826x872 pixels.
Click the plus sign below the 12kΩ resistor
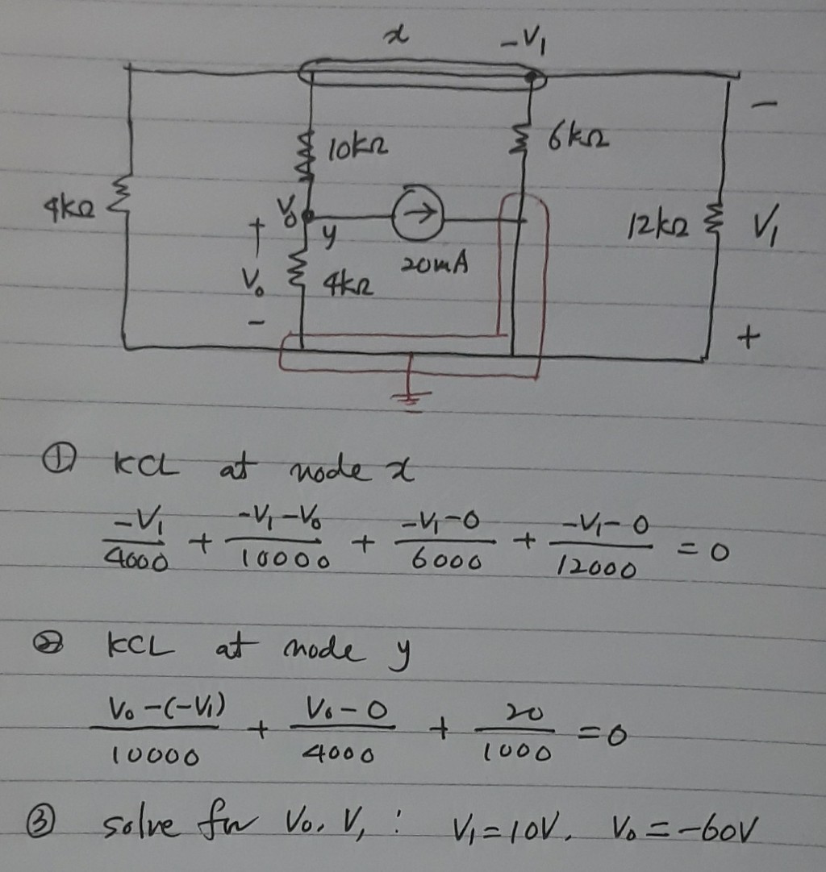click(749, 343)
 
